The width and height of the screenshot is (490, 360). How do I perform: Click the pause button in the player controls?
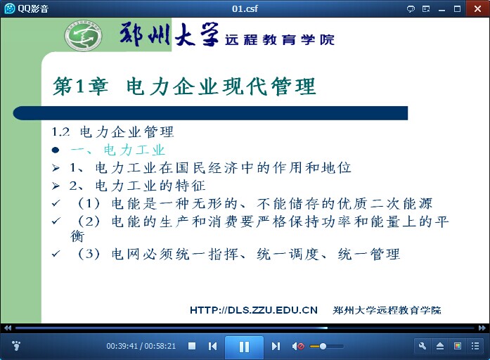244,347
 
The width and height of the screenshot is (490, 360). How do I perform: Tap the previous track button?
212,346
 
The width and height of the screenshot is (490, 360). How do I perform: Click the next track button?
276,346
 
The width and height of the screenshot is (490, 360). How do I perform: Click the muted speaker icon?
298,346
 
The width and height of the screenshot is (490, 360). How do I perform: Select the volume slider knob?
323,346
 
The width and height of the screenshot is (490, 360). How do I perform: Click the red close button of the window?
477,8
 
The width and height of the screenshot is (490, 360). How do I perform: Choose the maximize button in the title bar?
457,8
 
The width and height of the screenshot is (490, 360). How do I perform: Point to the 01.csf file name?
245,8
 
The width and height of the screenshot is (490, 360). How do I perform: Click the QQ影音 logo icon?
10,8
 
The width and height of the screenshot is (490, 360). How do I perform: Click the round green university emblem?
83,36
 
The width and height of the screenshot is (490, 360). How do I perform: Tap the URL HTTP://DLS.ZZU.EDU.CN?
254,310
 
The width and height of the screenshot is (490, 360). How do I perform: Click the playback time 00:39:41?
122,346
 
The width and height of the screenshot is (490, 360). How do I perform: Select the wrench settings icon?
423,346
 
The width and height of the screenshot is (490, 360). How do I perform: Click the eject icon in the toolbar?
440,346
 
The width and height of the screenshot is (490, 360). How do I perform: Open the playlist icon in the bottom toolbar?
475,346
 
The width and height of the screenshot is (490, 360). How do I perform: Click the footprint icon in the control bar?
16,346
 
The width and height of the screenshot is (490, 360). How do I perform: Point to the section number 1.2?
60,132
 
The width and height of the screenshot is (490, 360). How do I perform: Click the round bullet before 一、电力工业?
56,150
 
